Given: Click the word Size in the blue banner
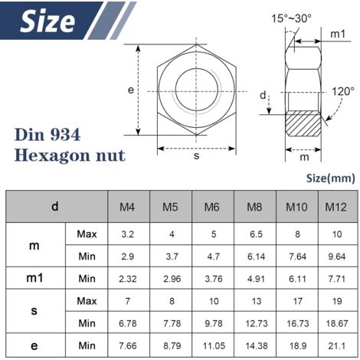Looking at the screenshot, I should click(x=47, y=21).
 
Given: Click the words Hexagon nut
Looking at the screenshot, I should click(x=70, y=155).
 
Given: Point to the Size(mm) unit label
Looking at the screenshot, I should click(x=330, y=178).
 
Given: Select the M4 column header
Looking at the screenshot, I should click(x=128, y=207).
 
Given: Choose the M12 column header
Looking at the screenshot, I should click(x=335, y=207).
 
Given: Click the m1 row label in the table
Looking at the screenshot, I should click(x=34, y=277).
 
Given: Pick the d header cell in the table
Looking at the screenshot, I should click(x=54, y=207).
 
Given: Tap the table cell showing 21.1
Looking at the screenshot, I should click(x=335, y=346).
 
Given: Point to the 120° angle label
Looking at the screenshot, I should click(x=342, y=90).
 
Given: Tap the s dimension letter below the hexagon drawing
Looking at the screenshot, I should click(x=196, y=156).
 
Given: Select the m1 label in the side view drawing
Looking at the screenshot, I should click(x=338, y=34).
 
